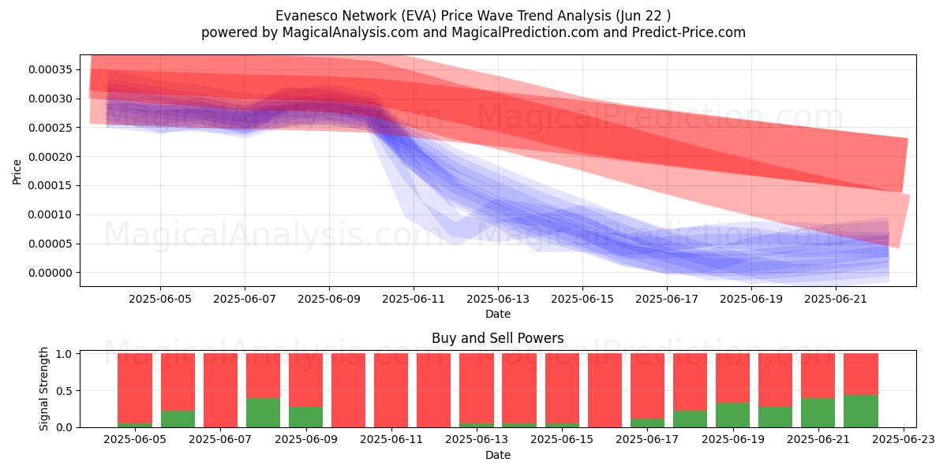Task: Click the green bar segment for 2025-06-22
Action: point(861,412)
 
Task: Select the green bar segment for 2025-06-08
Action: point(263,412)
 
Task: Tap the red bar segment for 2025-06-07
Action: point(220,390)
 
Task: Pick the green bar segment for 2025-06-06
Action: point(178,419)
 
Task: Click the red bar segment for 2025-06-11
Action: point(391,390)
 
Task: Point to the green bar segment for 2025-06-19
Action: point(732,415)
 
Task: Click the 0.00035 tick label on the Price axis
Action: point(51,69)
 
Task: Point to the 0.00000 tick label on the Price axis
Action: point(51,273)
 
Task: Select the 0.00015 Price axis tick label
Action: point(51,185)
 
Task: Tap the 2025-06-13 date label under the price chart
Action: point(498,299)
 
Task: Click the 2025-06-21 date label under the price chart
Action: point(836,299)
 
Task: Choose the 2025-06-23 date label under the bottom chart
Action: point(904,440)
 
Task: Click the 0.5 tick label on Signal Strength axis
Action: point(64,391)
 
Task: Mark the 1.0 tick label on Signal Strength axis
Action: point(64,353)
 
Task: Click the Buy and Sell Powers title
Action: point(498,338)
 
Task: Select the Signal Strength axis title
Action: point(43,389)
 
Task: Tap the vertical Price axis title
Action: point(17,172)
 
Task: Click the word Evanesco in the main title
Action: point(306,16)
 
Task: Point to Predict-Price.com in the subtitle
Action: point(689,32)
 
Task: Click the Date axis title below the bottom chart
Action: point(498,455)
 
